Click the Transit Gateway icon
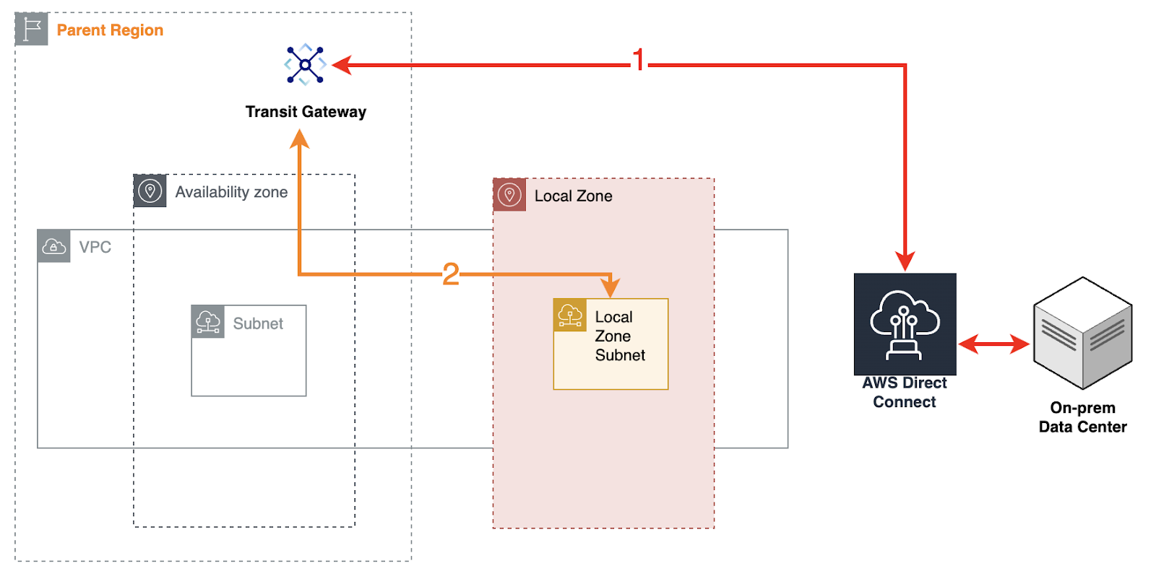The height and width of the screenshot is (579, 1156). [x=306, y=65]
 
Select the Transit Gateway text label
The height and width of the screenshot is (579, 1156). [x=306, y=112]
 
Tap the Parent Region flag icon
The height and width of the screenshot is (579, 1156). [x=32, y=30]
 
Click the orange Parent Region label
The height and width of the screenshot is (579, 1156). [x=110, y=30]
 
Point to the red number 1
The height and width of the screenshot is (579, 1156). [x=639, y=60]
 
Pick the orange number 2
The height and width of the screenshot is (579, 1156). [x=451, y=274]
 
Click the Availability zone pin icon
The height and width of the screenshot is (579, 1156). [x=150, y=191]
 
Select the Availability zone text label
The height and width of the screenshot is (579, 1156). [x=231, y=192]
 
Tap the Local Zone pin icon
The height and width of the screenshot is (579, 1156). [x=510, y=195]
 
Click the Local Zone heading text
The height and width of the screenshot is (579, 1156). [x=573, y=196]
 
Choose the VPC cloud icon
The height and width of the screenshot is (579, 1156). [x=54, y=247]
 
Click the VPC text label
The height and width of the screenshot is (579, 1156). [x=95, y=248]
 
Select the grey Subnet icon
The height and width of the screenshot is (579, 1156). [x=208, y=322]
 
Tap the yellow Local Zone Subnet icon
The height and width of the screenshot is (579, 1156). [x=570, y=315]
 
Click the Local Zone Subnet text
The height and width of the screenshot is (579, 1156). [x=619, y=336]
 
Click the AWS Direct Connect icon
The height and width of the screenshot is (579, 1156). [x=905, y=324]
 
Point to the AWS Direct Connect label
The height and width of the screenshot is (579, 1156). [x=905, y=393]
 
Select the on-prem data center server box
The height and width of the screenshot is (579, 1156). [x=1082, y=333]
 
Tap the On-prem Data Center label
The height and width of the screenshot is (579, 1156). [x=1082, y=417]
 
